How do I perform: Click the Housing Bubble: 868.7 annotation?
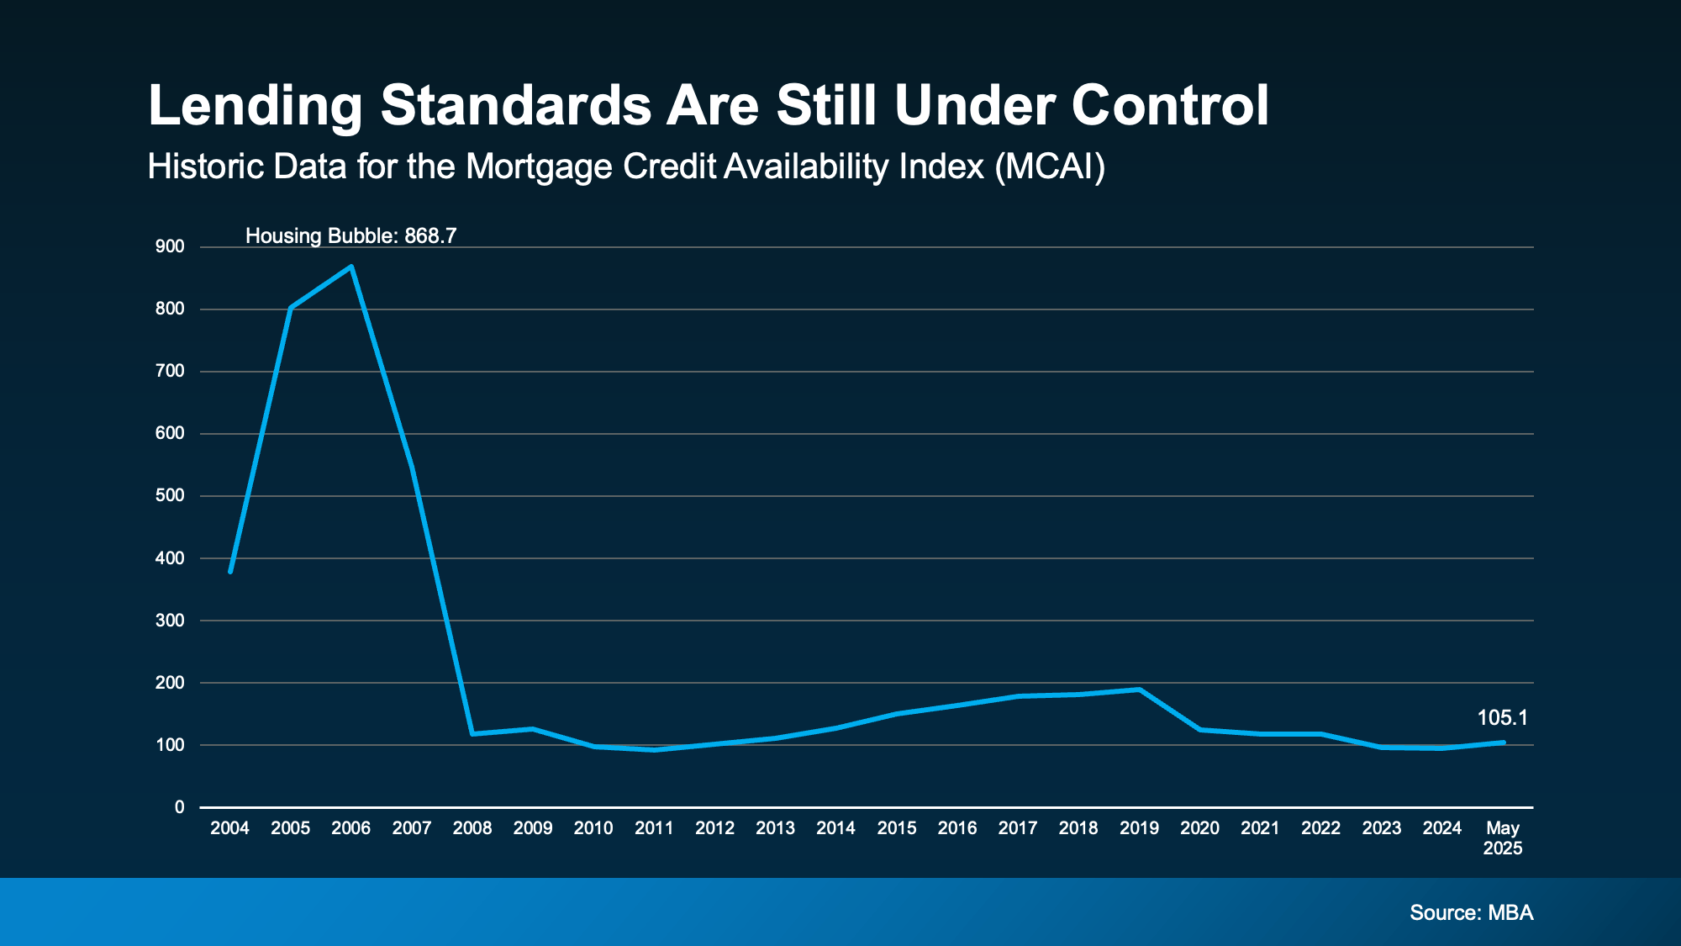point(350,236)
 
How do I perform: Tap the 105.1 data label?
point(1502,718)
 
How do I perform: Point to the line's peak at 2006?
point(351,267)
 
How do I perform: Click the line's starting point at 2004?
point(230,571)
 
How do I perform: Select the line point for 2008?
point(472,733)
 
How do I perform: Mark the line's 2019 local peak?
point(1139,690)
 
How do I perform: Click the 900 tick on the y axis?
point(170,247)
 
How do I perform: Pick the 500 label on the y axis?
point(170,496)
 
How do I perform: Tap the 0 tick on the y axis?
point(179,807)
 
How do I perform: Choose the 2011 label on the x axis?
point(654,828)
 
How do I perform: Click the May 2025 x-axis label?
point(1502,838)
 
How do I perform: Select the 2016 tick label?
point(957,828)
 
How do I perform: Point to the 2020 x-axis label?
point(1199,828)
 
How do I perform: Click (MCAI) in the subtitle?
point(1050,166)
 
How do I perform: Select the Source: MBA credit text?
point(1471,912)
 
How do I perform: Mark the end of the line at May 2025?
point(1503,743)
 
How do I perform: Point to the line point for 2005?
point(291,308)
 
